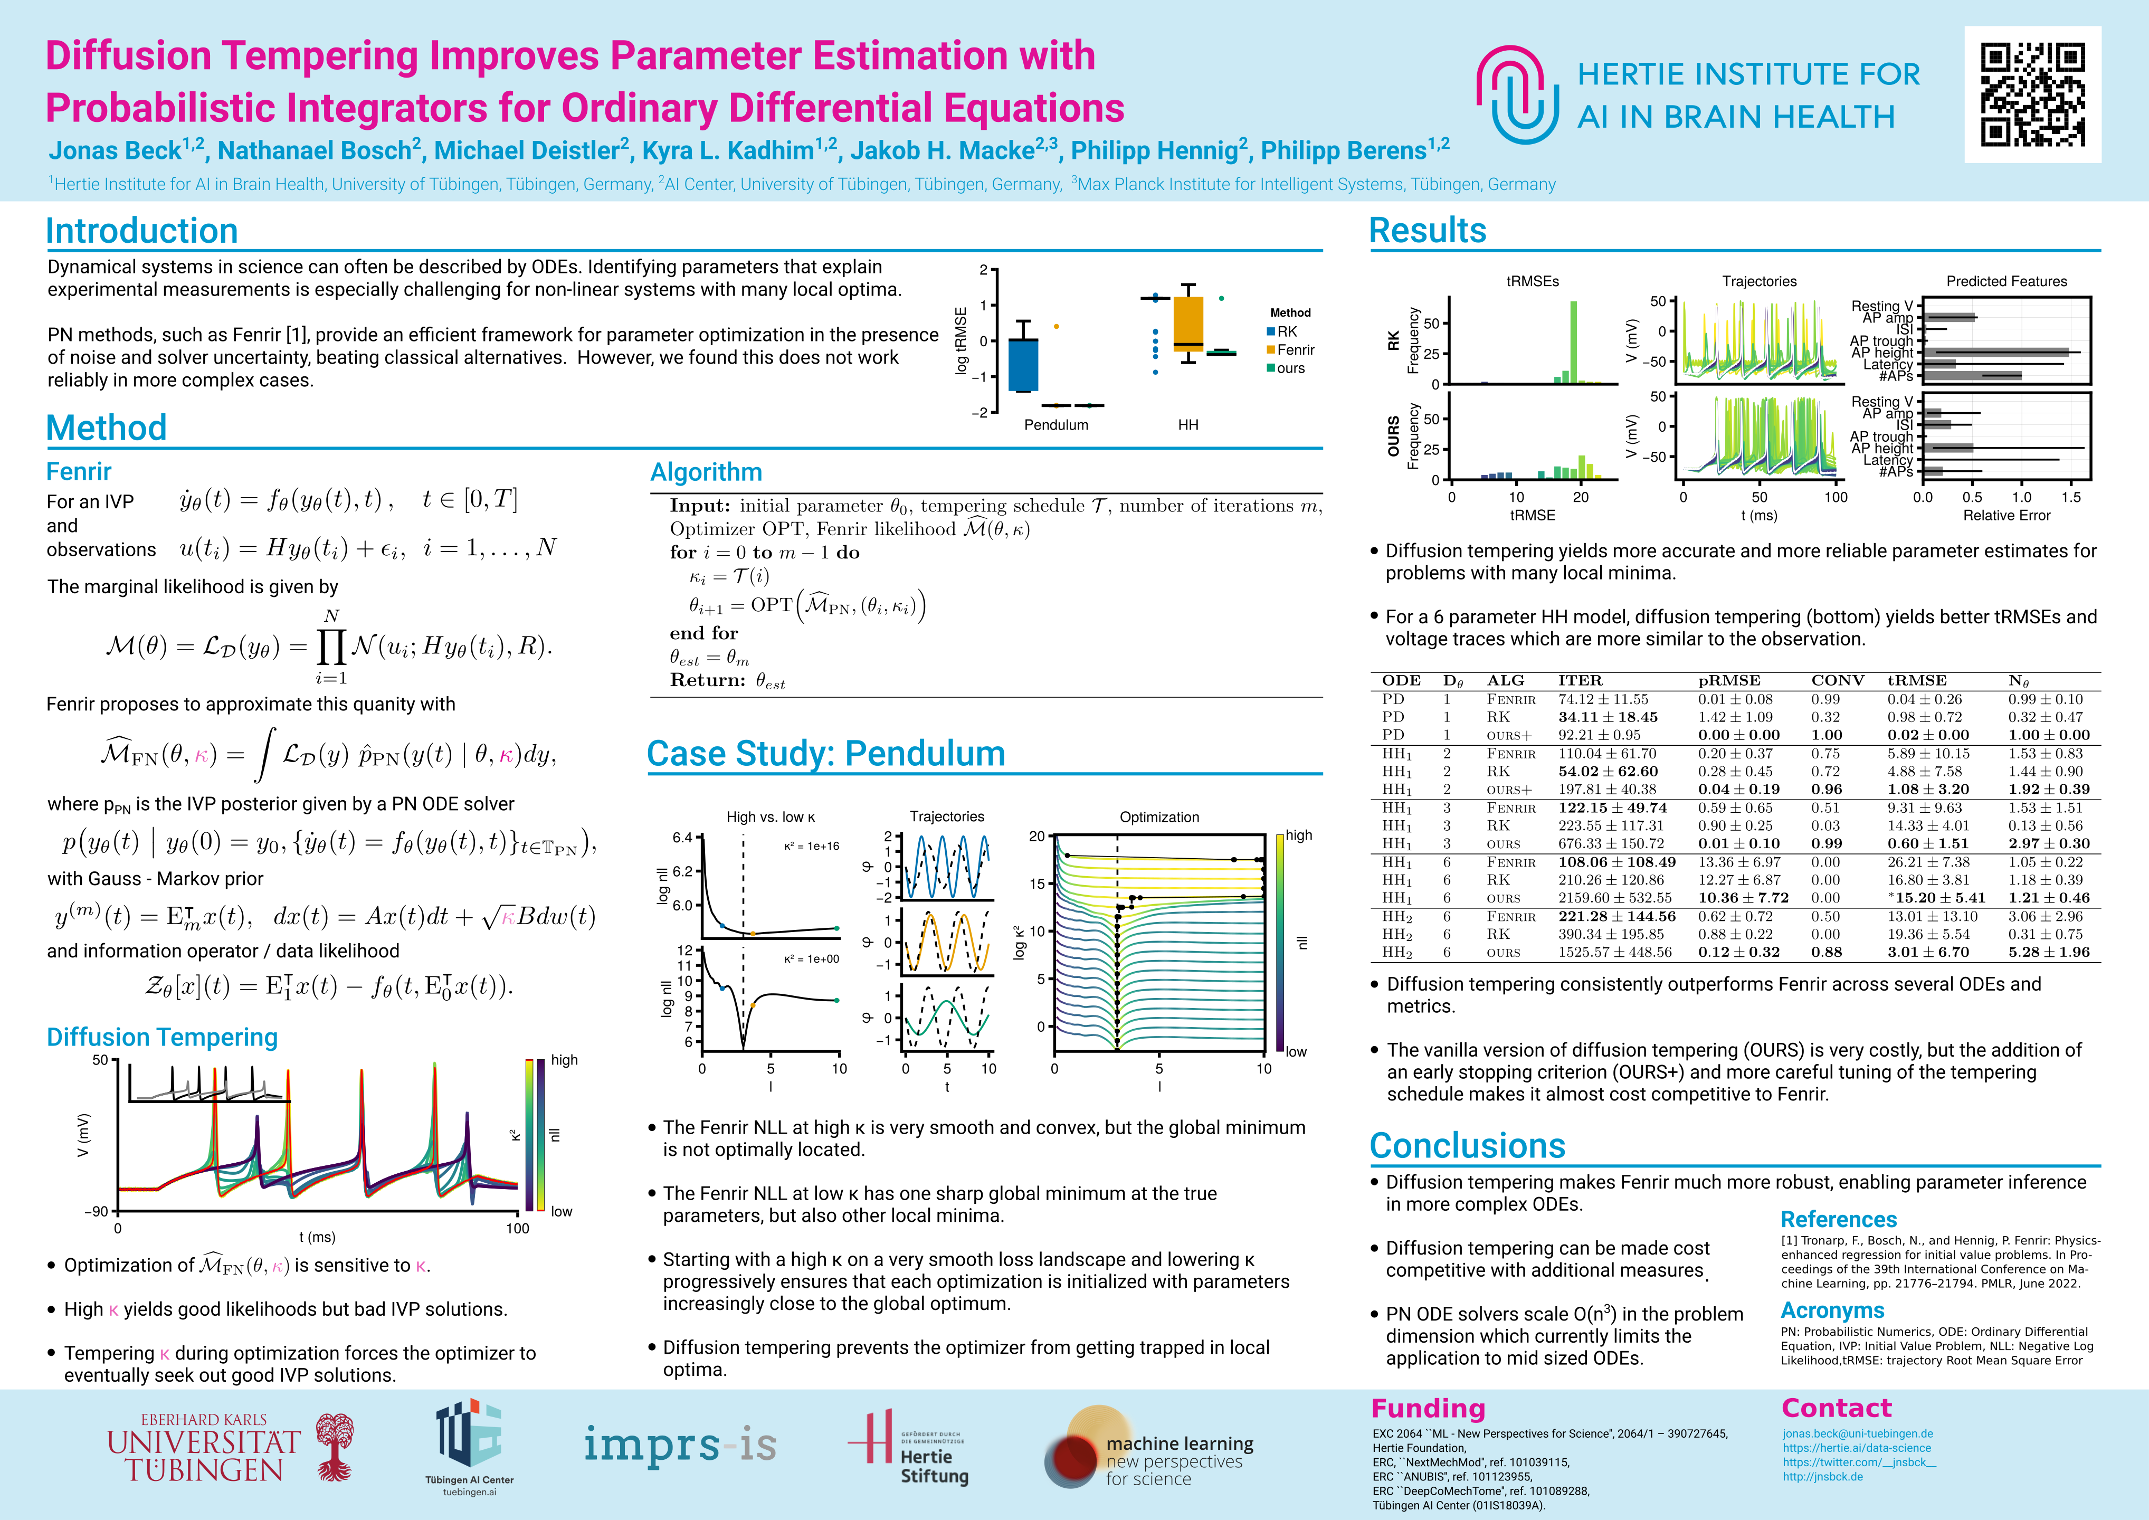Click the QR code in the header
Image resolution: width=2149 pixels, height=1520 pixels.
2032,94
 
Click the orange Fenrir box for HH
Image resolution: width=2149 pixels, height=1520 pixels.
1188,323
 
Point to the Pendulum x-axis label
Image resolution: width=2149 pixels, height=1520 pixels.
1056,425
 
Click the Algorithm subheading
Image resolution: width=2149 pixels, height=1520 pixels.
706,472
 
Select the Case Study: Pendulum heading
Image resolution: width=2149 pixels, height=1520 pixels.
825,754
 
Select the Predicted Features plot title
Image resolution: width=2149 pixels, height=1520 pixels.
2006,281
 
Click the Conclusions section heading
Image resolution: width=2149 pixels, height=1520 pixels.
1467,1146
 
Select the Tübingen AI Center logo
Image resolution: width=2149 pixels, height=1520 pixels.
469,1446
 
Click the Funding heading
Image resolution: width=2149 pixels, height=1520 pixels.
1428,1409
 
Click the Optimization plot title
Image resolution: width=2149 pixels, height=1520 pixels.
1159,817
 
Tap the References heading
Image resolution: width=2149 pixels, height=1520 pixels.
1838,1220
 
